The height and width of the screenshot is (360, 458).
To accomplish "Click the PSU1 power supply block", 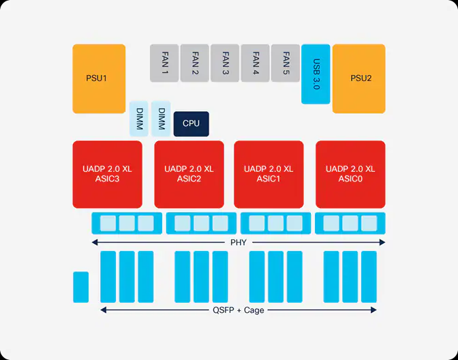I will pyautogui.click(x=99, y=78).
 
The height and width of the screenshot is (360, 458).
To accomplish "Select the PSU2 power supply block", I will pyautogui.click(x=359, y=78).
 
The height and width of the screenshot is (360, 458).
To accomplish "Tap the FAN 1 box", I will pyautogui.click(x=164, y=63).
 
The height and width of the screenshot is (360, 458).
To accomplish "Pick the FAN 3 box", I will pyautogui.click(x=225, y=63).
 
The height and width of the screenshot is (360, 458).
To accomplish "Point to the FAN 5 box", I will pyautogui.click(x=285, y=63).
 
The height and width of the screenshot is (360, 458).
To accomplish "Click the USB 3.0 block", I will pyautogui.click(x=316, y=74).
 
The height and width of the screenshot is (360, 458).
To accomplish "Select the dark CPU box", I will pyautogui.click(x=191, y=123).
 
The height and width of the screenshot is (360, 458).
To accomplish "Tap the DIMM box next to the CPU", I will pyautogui.click(x=162, y=119).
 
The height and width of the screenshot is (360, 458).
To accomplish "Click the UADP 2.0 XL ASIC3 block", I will pyautogui.click(x=108, y=174).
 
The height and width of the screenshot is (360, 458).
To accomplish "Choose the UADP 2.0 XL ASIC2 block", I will pyautogui.click(x=189, y=174).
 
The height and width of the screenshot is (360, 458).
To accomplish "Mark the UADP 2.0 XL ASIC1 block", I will pyautogui.click(x=269, y=174).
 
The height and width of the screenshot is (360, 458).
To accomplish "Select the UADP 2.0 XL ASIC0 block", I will pyautogui.click(x=350, y=174).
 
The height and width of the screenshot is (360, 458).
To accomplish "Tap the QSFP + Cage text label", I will pyautogui.click(x=238, y=310).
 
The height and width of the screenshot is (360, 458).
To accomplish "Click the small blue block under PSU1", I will pyautogui.click(x=81, y=286).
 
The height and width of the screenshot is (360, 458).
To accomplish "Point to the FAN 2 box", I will pyautogui.click(x=195, y=63).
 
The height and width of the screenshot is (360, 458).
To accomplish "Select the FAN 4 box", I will pyautogui.click(x=255, y=63).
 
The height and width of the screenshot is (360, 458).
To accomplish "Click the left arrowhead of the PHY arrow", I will pyautogui.click(x=95, y=242).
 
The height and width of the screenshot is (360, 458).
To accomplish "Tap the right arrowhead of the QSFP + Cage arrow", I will pyautogui.click(x=373, y=310).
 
